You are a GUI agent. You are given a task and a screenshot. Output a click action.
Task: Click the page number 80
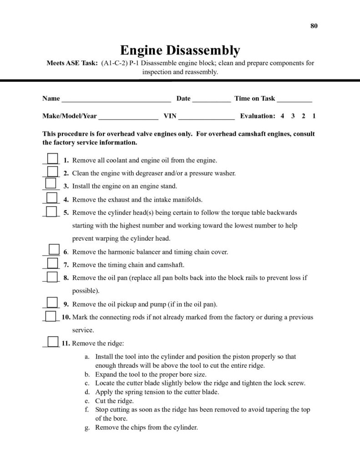pyautogui.click(x=314, y=25)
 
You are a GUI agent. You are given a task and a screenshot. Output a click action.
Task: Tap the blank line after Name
pyautogui.click(x=116, y=99)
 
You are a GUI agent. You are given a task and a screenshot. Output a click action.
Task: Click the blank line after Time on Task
pyautogui.click(x=294, y=99)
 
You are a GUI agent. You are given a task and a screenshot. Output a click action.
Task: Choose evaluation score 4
pyautogui.click(x=282, y=116)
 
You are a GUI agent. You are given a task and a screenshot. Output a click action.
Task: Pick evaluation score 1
pyautogui.click(x=314, y=116)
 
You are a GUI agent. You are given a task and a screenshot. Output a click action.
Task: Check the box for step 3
pyautogui.click(x=51, y=184)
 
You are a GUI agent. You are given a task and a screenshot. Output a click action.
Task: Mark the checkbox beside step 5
pyautogui.click(x=52, y=211)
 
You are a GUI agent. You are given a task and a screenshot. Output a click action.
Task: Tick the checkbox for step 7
pyautogui.click(x=53, y=263)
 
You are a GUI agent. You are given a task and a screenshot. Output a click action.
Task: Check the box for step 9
pyautogui.click(x=53, y=302)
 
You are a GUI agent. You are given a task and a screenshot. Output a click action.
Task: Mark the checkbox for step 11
pyautogui.click(x=52, y=342)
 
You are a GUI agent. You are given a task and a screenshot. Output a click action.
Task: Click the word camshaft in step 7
pyautogui.click(x=171, y=265)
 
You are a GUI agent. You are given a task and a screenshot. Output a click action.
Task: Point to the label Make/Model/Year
pyautogui.click(x=70, y=116)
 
